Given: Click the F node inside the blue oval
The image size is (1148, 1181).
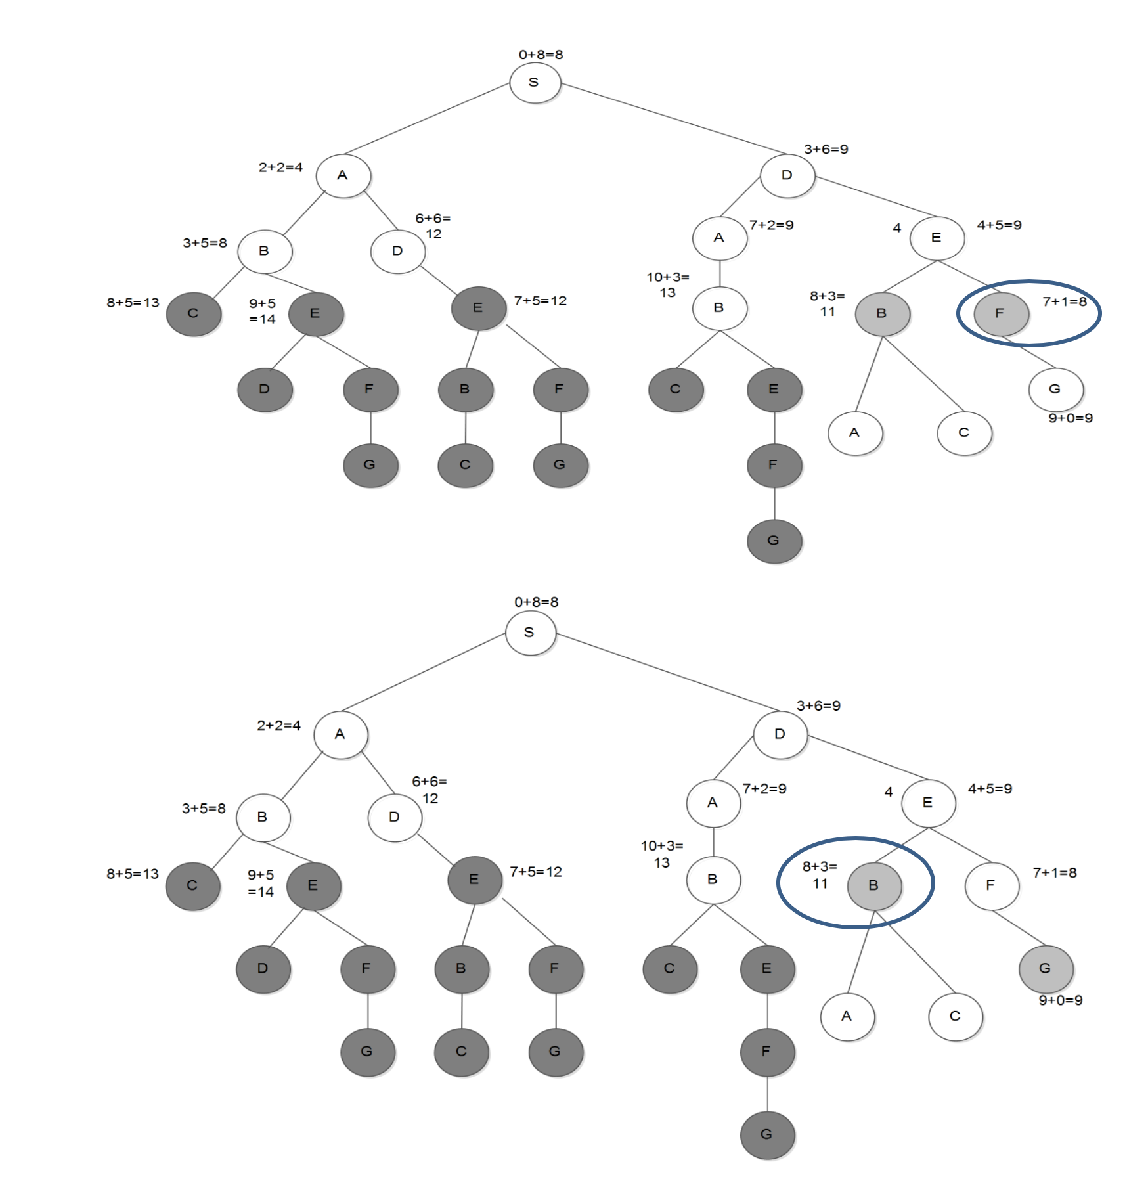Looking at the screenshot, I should tap(1000, 313).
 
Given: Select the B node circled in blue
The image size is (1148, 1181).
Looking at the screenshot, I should tap(874, 885).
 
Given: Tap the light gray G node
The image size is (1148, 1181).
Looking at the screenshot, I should tap(1046, 968).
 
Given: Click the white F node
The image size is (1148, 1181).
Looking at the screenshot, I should tap(991, 885).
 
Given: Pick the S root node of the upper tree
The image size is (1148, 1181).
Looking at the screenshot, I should tap(535, 83).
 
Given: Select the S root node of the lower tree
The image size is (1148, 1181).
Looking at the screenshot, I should tap(530, 633).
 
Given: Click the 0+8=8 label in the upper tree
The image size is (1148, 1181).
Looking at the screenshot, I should tap(541, 55).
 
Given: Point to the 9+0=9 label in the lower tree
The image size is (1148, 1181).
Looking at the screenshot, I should tap(1060, 1000).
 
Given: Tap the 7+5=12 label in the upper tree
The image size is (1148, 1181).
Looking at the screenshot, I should tap(540, 301).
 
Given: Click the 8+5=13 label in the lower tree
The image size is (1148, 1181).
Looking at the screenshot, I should tap(133, 874).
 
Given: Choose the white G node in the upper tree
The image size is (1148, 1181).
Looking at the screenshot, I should tap(1055, 389).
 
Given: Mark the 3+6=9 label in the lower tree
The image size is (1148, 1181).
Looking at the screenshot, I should tap(818, 705).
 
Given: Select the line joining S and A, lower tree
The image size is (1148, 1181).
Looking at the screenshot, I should tap(424, 672).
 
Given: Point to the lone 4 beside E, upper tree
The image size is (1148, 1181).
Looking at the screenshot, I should tap(896, 228).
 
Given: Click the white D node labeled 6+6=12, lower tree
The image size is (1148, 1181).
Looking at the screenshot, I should tap(394, 817).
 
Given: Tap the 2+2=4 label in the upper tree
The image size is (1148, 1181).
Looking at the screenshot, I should tap(280, 167).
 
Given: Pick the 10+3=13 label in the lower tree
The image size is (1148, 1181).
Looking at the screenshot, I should tap(662, 854).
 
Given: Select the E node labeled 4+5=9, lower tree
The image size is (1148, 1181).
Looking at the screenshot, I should tap(928, 803).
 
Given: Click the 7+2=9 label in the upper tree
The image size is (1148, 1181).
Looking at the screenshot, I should tap(771, 225).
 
